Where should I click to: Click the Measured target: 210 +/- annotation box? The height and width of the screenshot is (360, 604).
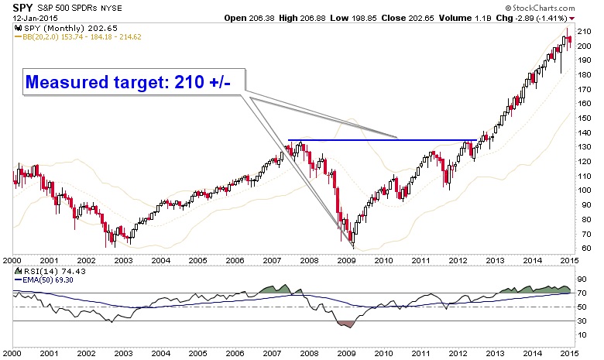coord(128,81)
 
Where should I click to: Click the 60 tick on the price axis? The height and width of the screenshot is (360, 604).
coord(583,248)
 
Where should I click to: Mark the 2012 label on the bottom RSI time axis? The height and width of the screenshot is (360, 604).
coord(456,353)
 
